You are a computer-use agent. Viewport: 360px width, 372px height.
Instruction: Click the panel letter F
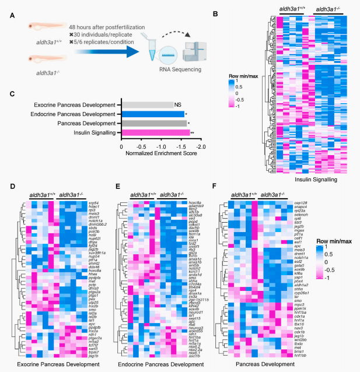pos(218,189)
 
